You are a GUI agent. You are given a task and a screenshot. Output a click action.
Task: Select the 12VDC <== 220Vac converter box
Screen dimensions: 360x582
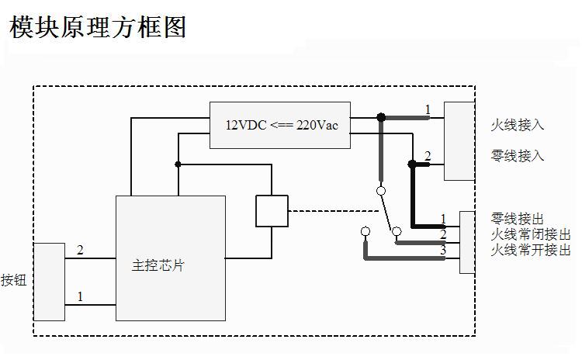pyautogui.click(x=279, y=125)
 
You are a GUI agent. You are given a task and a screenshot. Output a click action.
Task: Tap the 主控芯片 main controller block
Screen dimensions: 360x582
pyautogui.click(x=171, y=258)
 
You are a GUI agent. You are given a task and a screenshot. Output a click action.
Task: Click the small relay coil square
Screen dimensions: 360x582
pyautogui.click(x=272, y=211)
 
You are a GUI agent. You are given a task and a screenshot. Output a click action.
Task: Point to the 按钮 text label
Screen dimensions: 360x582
pyautogui.click(x=14, y=280)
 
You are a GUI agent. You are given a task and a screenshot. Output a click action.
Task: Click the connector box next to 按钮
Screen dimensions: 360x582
pyautogui.click(x=49, y=282)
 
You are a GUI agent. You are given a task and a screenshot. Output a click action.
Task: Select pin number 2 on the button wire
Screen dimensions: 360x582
pyautogui.click(x=80, y=250)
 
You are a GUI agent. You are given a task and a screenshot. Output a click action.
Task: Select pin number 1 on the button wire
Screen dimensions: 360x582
pyautogui.click(x=80, y=296)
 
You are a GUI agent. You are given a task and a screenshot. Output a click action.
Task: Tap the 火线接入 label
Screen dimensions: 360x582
pyautogui.click(x=518, y=125)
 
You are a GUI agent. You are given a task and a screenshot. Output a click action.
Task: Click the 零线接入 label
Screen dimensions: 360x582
pyautogui.click(x=518, y=156)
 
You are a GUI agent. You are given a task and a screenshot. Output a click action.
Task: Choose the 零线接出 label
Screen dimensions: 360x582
pyautogui.click(x=518, y=219)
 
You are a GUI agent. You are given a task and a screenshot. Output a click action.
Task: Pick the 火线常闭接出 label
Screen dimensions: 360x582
pyautogui.click(x=531, y=234)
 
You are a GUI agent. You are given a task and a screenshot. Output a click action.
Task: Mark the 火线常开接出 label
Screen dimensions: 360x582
pyautogui.click(x=531, y=250)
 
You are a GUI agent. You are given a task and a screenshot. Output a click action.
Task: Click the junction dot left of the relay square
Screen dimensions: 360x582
pyautogui.click(x=178, y=164)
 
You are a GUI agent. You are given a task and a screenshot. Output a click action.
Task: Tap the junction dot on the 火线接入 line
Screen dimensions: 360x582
pyautogui.click(x=381, y=118)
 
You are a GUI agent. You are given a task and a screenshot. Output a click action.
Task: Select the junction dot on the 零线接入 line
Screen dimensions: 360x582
pyautogui.click(x=412, y=164)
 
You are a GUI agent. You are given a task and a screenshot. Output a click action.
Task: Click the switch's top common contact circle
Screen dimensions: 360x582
pyautogui.click(x=381, y=190)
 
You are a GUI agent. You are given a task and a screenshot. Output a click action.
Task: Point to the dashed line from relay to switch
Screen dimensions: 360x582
pyautogui.click(x=334, y=211)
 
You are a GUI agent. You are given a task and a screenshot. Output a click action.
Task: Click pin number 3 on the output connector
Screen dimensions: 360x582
pyautogui.click(x=443, y=250)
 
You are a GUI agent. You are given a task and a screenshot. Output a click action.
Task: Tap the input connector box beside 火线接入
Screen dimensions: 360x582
pyautogui.click(x=459, y=141)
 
